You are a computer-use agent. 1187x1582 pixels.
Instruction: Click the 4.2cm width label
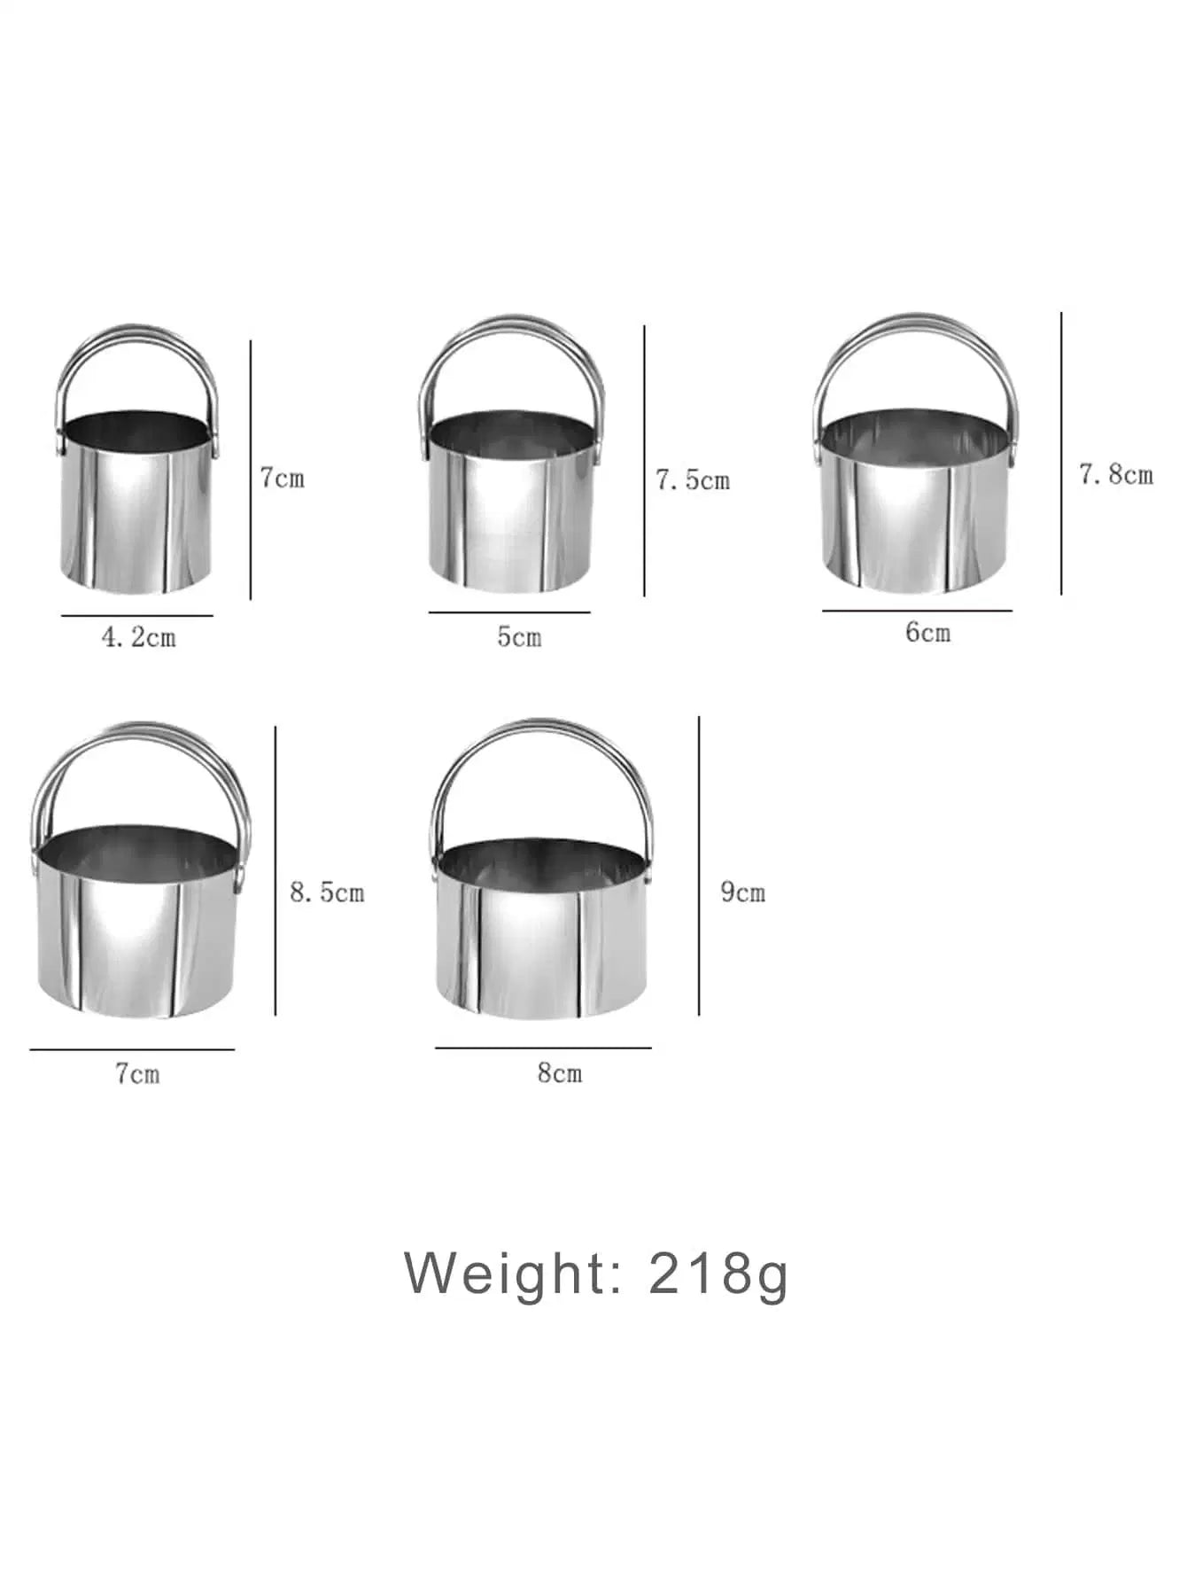pyautogui.click(x=139, y=637)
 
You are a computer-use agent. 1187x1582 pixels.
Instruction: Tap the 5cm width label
pyautogui.click(x=518, y=636)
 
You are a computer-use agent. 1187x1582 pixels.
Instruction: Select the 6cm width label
pyautogui.click(x=927, y=632)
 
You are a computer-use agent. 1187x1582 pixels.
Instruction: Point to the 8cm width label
pyautogui.click(x=560, y=1073)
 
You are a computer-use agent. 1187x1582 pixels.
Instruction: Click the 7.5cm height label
pyautogui.click(x=693, y=480)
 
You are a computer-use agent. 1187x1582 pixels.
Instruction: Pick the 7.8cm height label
pyautogui.click(x=1116, y=475)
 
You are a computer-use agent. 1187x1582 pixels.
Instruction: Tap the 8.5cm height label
pyautogui.click(x=327, y=892)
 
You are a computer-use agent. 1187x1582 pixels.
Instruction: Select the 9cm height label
pyautogui.click(x=742, y=892)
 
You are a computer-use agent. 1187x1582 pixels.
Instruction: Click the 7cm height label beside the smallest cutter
pyautogui.click(x=283, y=479)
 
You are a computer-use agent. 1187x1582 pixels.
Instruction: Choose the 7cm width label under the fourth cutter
pyautogui.click(x=137, y=1074)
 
